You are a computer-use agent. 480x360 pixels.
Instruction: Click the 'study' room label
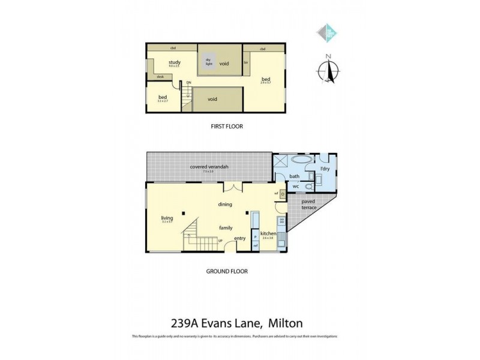pos(175,62)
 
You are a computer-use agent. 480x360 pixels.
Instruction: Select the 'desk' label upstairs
pos(160,76)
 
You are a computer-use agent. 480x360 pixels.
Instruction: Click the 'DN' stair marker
pos(188,83)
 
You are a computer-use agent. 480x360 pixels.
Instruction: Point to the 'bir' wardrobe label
pos(246,62)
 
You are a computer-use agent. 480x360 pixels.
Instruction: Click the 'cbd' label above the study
pos(172,48)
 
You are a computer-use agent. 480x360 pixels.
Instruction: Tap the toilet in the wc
pos(308,186)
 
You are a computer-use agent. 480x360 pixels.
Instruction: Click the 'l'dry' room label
pos(325,169)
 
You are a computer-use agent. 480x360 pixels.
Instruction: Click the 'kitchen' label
pos(268,233)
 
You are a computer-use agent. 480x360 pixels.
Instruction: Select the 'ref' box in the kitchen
pos(255,245)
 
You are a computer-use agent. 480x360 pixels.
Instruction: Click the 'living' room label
pos(166,218)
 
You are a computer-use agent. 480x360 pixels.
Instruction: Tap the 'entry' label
pos(240,238)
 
